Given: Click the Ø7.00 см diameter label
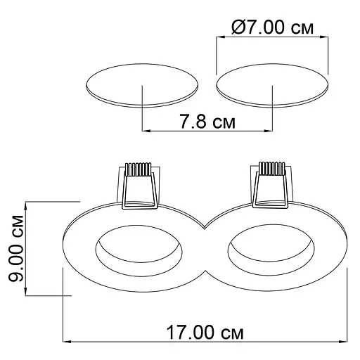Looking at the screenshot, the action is (272, 27).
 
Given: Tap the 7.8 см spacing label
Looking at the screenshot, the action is (207, 122).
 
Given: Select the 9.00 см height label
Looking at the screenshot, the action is (16, 248).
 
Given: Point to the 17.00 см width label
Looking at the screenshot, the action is (205, 332).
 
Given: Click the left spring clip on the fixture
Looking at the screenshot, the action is (140, 186).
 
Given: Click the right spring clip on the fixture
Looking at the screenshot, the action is (271, 185).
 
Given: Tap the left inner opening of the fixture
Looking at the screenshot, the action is (139, 250).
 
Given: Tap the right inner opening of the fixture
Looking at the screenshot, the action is (271, 250).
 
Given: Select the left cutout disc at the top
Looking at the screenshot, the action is (142, 85).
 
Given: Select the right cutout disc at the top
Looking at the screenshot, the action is (272, 85).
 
